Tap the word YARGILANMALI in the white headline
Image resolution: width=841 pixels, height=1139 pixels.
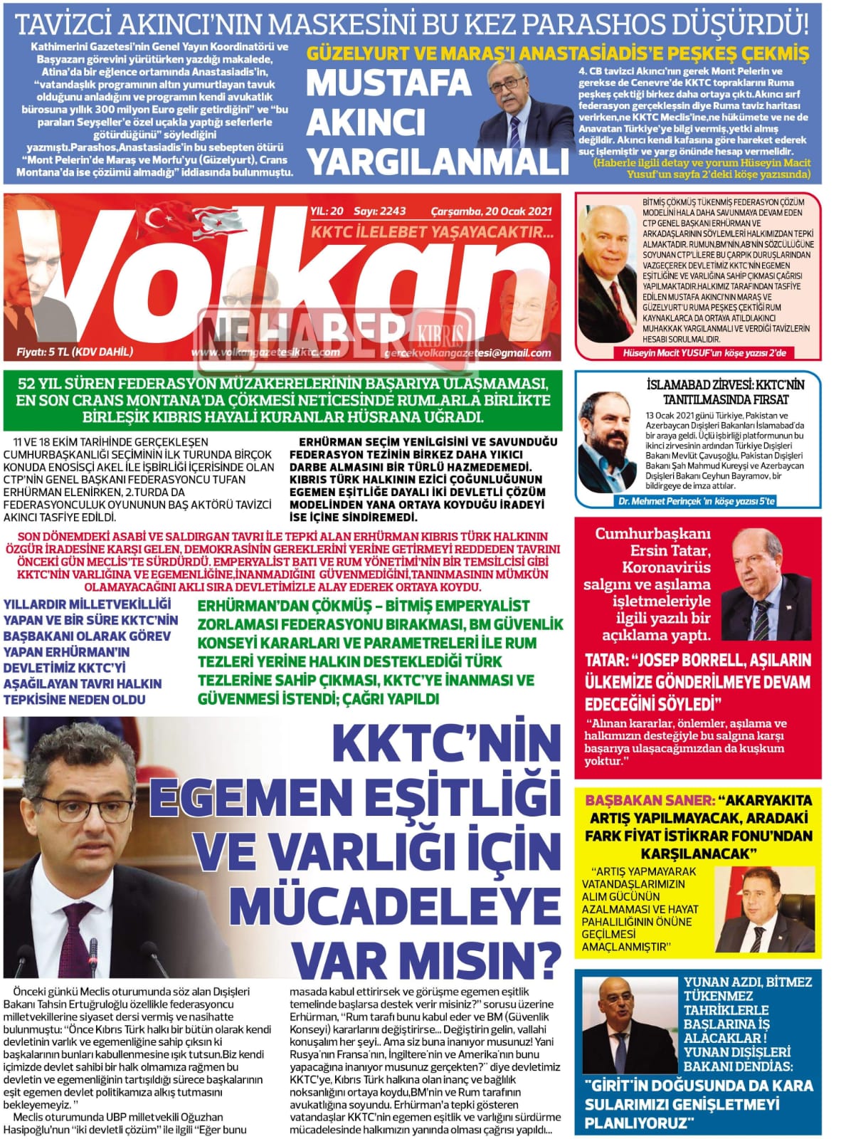click(x=437, y=162)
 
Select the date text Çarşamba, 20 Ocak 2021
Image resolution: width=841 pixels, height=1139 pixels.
click(x=491, y=211)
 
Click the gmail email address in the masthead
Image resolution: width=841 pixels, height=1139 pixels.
click(x=467, y=352)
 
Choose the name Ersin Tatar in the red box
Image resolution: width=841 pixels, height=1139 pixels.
click(x=670, y=550)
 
